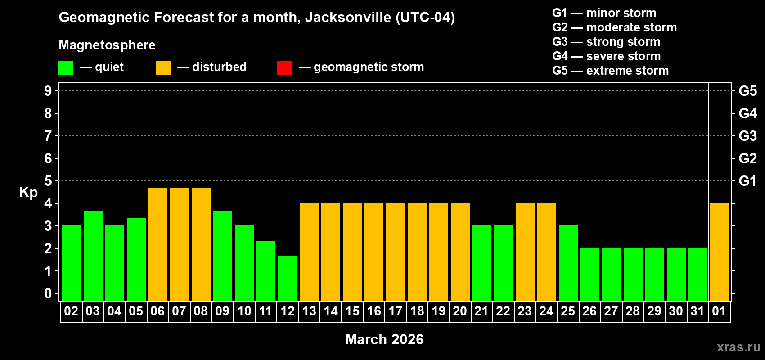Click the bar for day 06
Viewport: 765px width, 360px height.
[158, 244]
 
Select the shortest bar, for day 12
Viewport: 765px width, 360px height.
[288, 278]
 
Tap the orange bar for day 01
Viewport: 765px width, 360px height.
[719, 252]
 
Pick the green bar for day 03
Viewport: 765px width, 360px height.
[93, 255]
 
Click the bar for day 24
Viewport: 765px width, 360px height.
[547, 252]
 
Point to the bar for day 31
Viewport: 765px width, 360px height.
[698, 274]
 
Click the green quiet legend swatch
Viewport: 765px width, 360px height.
[66, 68]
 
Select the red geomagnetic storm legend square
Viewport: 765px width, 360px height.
[284, 68]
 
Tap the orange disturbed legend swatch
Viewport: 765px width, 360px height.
[163, 68]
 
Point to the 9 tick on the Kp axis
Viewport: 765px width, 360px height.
[48, 91]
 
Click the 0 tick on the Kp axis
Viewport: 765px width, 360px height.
[48, 293]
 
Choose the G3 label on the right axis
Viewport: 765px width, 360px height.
[747, 136]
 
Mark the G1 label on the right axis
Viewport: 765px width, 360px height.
[747, 181]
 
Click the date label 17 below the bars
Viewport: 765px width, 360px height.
[396, 311]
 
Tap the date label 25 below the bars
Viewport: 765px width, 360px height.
[568, 311]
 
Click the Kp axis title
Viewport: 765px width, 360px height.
[28, 192]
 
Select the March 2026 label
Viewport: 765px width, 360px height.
[384, 339]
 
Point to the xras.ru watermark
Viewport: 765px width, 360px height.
[738, 347]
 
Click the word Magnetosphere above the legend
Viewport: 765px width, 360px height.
[107, 45]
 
